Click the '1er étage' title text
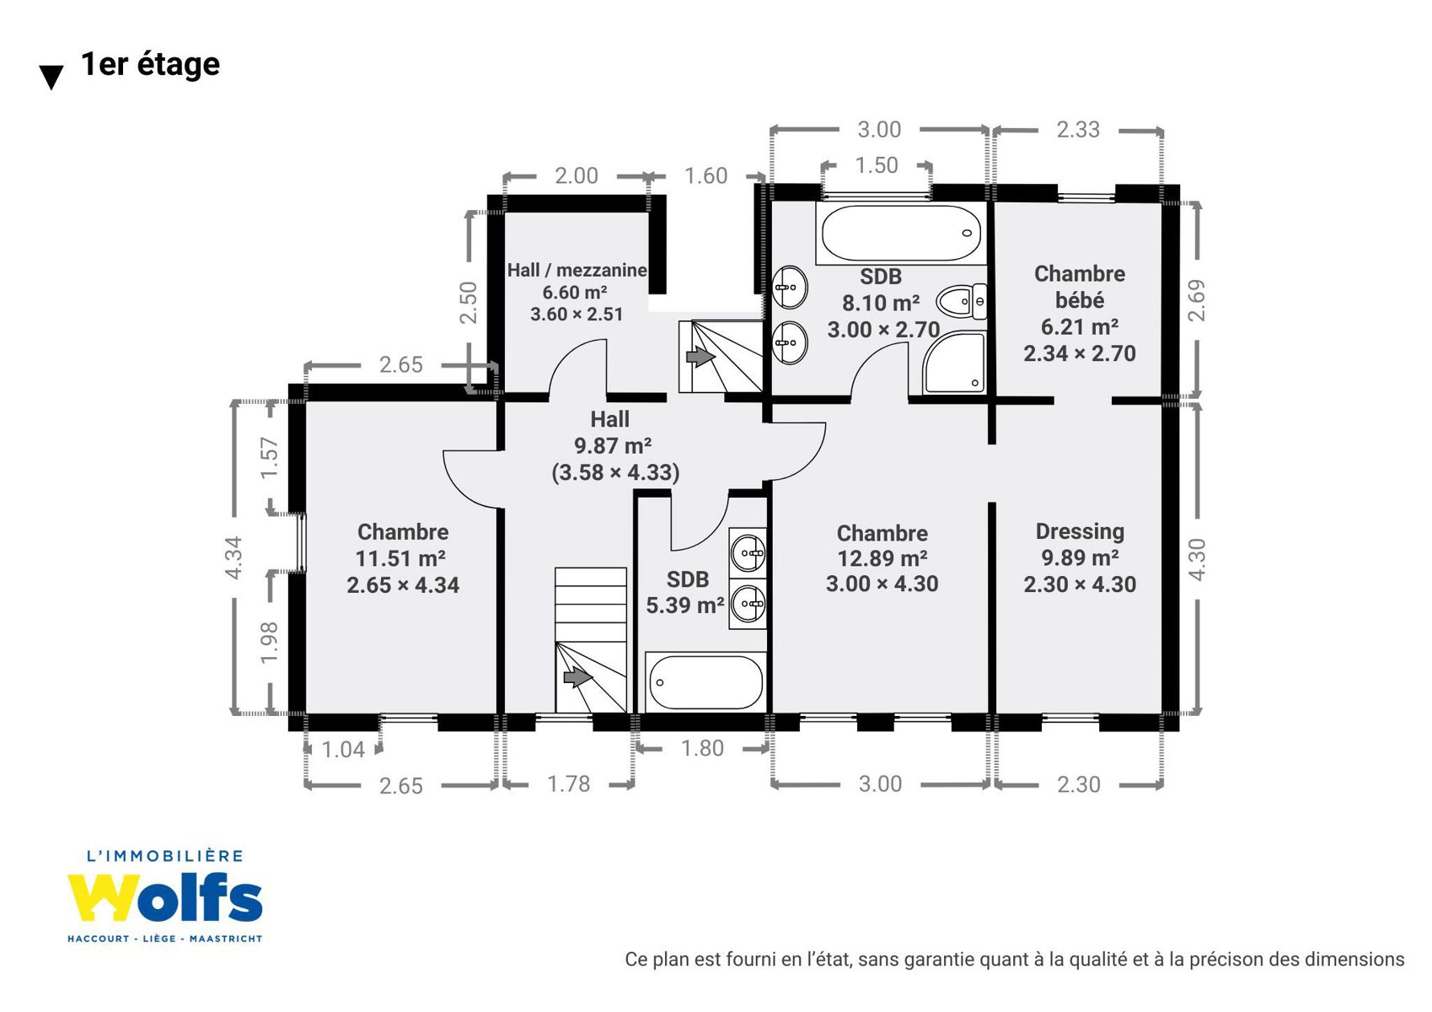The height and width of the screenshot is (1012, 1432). (x=150, y=65)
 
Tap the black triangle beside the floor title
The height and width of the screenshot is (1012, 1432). (x=51, y=78)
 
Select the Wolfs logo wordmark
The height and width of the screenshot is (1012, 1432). (x=165, y=898)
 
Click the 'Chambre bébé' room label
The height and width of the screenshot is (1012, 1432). (x=1079, y=287)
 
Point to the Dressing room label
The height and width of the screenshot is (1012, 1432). (x=1080, y=531)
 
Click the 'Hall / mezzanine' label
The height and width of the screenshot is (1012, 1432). (x=577, y=270)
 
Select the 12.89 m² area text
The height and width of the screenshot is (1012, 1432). (x=882, y=558)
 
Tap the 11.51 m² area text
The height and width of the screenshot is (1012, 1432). (x=401, y=558)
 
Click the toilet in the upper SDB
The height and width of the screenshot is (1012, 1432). (x=961, y=301)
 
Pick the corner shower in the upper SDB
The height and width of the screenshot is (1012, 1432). (x=954, y=362)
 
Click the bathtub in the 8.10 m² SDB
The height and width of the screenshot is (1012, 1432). (x=901, y=233)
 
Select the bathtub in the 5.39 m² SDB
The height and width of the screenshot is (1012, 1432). (x=705, y=682)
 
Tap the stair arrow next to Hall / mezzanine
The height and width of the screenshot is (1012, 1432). (x=700, y=356)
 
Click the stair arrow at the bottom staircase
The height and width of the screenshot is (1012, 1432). (x=578, y=677)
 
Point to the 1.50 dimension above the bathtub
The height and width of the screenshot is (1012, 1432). (x=877, y=165)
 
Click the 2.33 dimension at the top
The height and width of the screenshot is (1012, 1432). (x=1078, y=130)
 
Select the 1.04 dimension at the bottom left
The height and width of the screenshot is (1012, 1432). (x=343, y=749)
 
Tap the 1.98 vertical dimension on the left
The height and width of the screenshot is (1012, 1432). (x=270, y=643)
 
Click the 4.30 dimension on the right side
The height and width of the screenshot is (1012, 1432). (x=1198, y=560)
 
